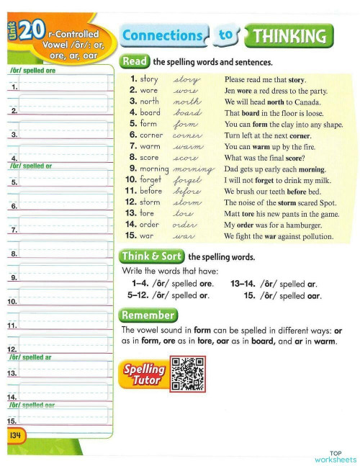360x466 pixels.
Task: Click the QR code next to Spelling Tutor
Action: [x=187, y=374]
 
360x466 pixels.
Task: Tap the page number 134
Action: [x=16, y=436]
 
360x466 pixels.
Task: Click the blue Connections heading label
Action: [x=163, y=35]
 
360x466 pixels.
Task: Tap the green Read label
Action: [x=135, y=63]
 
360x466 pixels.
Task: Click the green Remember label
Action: [x=148, y=315]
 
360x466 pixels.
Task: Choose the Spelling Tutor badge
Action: [x=145, y=374]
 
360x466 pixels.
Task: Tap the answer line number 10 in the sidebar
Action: [x=13, y=303]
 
